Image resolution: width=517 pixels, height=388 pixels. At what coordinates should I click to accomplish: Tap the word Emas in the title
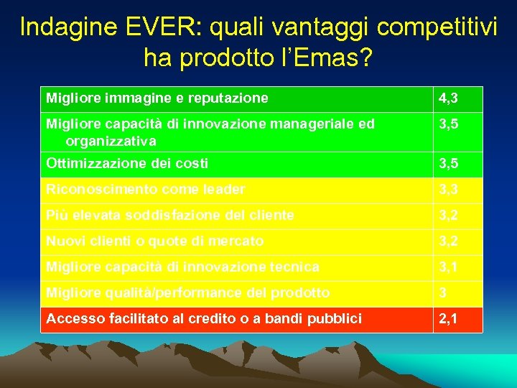(327, 57)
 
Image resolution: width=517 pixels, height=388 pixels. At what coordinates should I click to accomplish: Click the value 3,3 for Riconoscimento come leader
(447, 190)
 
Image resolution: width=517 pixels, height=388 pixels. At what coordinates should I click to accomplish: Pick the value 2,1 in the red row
(447, 319)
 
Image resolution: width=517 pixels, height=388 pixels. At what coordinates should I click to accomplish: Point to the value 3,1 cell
(447, 267)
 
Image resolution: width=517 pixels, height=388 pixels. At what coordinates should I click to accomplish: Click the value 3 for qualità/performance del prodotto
(443, 293)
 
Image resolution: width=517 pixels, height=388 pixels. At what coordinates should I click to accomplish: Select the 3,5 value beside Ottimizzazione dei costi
(447, 164)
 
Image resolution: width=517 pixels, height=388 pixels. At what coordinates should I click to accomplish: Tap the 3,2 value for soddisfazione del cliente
(447, 216)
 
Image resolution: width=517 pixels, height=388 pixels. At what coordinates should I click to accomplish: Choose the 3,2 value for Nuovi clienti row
(447, 241)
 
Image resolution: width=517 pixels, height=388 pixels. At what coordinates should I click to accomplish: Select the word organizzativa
(111, 141)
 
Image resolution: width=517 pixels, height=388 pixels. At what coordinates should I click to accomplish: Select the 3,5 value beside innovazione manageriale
(447, 124)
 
